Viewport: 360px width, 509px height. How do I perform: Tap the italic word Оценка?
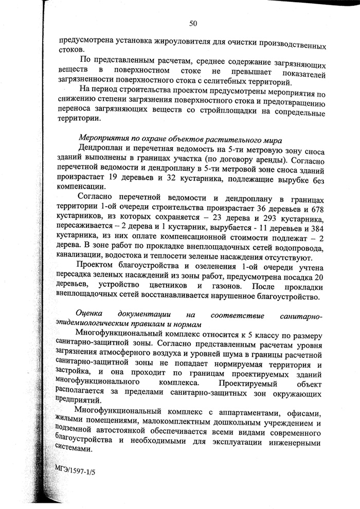click(x=91, y=313)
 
